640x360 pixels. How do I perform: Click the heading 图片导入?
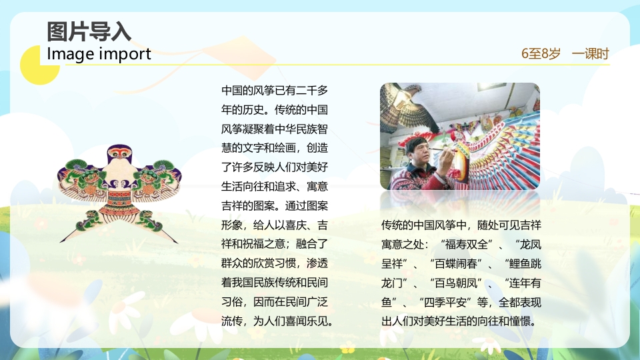[x=89, y=31]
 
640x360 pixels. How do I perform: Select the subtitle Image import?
[x=99, y=54]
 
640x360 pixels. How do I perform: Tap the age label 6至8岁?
[x=541, y=54]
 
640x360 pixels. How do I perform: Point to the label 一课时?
[x=590, y=54]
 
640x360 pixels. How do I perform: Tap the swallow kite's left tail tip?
[x=63, y=238]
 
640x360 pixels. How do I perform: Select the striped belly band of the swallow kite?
[x=119, y=199]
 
